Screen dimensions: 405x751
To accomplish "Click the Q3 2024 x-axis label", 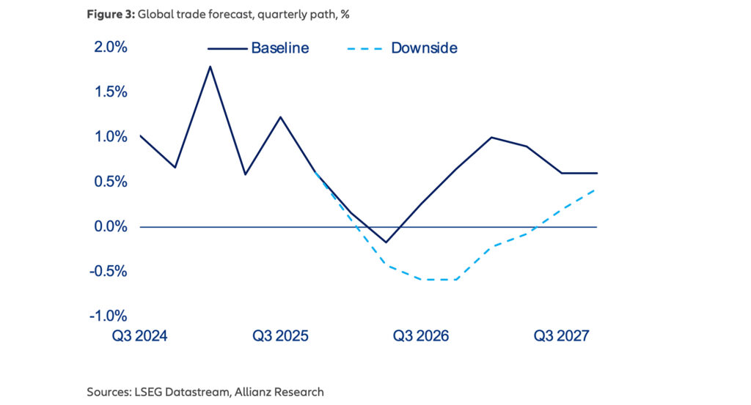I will click(139, 336).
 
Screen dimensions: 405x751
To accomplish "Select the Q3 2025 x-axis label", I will click(281, 336).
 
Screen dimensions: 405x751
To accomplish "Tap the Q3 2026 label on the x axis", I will click(421, 336).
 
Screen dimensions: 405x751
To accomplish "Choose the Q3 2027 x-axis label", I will click(562, 336).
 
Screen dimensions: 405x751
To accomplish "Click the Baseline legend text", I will click(280, 48).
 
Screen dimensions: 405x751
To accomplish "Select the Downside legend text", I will click(424, 48).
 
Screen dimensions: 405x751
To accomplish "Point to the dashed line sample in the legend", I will click(363, 48).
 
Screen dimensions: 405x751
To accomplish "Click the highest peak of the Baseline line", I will click(210, 67).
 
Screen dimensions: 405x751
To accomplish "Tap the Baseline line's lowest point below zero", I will click(386, 242).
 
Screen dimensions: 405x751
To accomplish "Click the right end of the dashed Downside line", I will click(596, 189).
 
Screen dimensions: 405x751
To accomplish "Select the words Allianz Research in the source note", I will click(279, 392).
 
